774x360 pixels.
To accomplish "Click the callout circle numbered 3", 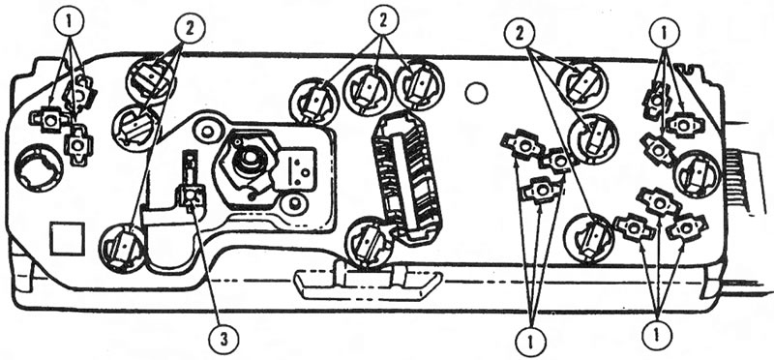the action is click(x=223, y=340).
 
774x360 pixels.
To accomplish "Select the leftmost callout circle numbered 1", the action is click(x=70, y=21).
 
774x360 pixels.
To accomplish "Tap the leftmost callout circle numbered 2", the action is click(x=189, y=29).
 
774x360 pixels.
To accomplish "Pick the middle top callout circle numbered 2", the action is click(x=383, y=20).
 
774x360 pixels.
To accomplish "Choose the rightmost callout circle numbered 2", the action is click(x=520, y=34).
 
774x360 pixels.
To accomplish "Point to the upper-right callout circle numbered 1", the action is click(x=664, y=34).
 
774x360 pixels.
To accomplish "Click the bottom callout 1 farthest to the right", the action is click(x=657, y=334).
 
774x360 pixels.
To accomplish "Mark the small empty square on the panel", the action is click(x=68, y=238).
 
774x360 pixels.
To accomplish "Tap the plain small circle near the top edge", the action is click(x=476, y=93).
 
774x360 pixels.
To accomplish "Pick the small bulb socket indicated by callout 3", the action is click(x=191, y=196).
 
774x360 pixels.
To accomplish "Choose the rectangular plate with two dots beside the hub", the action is click(x=298, y=166).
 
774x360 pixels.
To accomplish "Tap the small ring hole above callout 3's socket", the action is click(x=207, y=131).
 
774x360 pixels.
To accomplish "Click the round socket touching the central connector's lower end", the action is click(x=370, y=244).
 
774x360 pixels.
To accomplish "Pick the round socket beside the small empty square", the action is click(x=123, y=247).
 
